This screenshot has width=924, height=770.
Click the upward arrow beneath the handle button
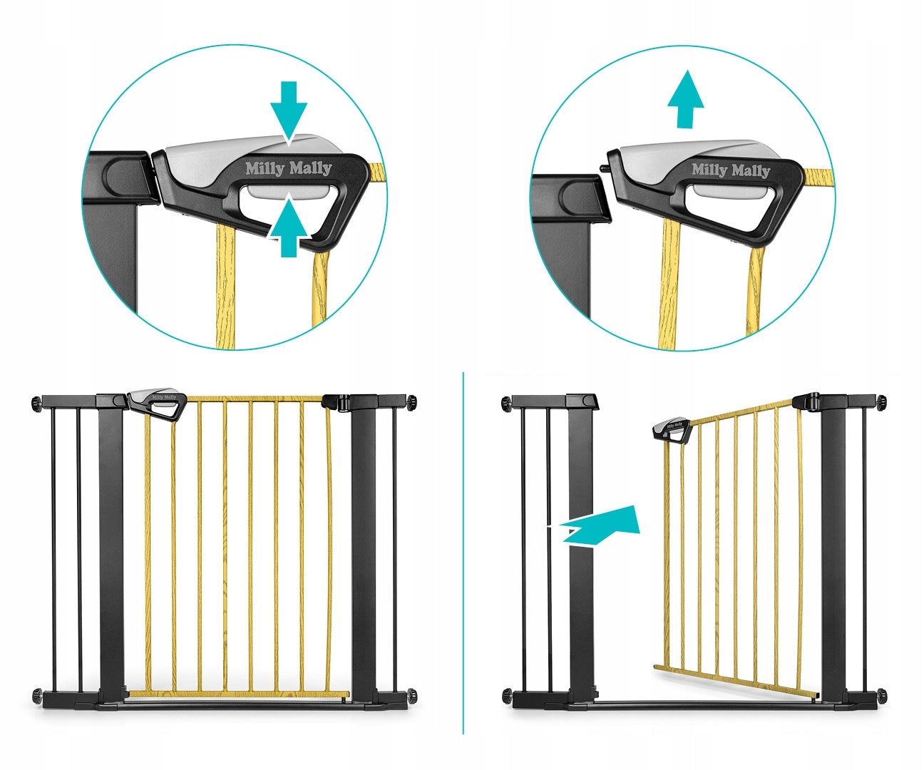289,227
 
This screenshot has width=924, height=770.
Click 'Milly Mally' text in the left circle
289,168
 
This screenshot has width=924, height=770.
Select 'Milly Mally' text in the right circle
731,170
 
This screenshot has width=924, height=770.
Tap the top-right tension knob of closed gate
411,403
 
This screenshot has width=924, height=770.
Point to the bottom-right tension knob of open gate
882,694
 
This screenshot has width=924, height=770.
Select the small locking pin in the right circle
603,169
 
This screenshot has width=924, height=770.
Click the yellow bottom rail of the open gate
734,682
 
